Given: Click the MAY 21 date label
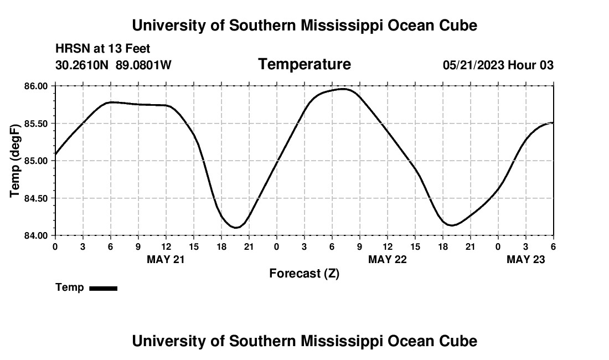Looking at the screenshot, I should pos(166,259).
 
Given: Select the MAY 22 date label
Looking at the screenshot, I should pos(388,259).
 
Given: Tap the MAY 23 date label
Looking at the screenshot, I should pos(526,259).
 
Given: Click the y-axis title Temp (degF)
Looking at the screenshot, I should pos(16,161).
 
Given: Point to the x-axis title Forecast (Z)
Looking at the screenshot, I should pos(304,273).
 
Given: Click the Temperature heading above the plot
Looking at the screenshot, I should pos(304,64).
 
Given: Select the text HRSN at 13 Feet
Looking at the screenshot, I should pos(102,49).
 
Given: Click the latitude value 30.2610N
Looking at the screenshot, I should pos(82,65).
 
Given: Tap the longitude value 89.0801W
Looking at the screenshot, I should pos(143,65).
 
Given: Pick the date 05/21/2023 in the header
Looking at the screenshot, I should pos(473,65).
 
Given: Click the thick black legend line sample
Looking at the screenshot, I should pos(103,288).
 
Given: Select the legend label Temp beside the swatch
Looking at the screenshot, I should pos(70,287).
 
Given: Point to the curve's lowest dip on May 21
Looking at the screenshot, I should pos(236,228).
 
